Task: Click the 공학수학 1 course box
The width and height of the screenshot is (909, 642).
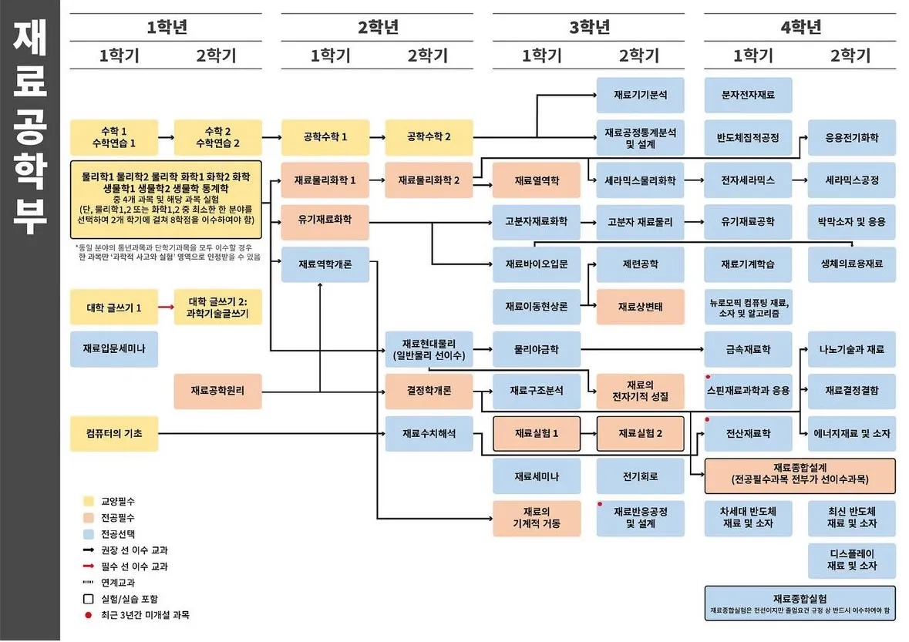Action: pos(325,137)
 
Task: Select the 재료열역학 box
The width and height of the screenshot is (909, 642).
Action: pos(536,180)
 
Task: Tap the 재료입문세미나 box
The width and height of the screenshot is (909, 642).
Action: pos(113,349)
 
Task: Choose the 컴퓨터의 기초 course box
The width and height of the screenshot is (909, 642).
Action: pos(113,433)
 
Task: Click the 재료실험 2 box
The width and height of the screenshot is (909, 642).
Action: pos(640,433)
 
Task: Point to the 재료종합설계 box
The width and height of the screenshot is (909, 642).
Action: pos(800,475)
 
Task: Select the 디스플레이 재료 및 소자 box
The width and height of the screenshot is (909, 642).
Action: pos(851,560)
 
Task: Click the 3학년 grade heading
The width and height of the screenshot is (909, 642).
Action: pos(590,27)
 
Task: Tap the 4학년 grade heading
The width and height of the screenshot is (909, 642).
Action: pos(800,27)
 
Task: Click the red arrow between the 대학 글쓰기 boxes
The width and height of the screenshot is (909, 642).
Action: pos(166,307)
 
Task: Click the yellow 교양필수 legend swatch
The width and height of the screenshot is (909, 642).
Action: pos(88,501)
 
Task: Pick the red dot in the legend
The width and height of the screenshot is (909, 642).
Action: pos(88,615)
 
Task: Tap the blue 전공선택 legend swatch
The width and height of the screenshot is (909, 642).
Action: pos(88,534)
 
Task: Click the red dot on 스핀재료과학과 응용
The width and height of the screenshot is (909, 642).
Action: pos(708,378)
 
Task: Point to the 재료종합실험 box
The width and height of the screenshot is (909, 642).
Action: pos(800,603)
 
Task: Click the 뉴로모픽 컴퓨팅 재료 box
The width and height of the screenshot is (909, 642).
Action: pos(748,307)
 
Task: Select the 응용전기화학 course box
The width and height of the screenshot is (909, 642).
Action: pos(851,138)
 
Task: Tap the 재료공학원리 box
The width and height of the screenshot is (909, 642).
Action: pos(218,391)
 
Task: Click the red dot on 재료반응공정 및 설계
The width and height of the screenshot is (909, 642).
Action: pos(600,504)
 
